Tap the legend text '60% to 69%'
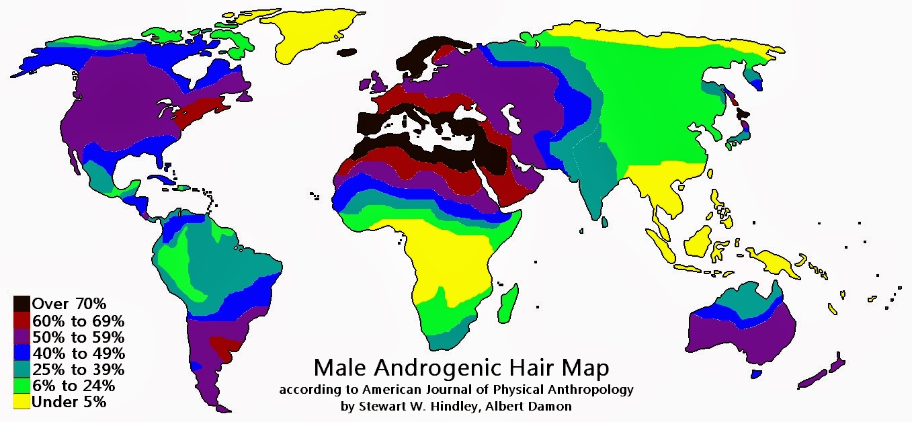coord(77,320)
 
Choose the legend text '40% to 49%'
coord(77,353)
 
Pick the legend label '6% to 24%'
coord(73,386)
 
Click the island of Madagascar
coord(509,301)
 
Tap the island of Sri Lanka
coord(606,221)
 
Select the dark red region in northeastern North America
coord(202,110)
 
